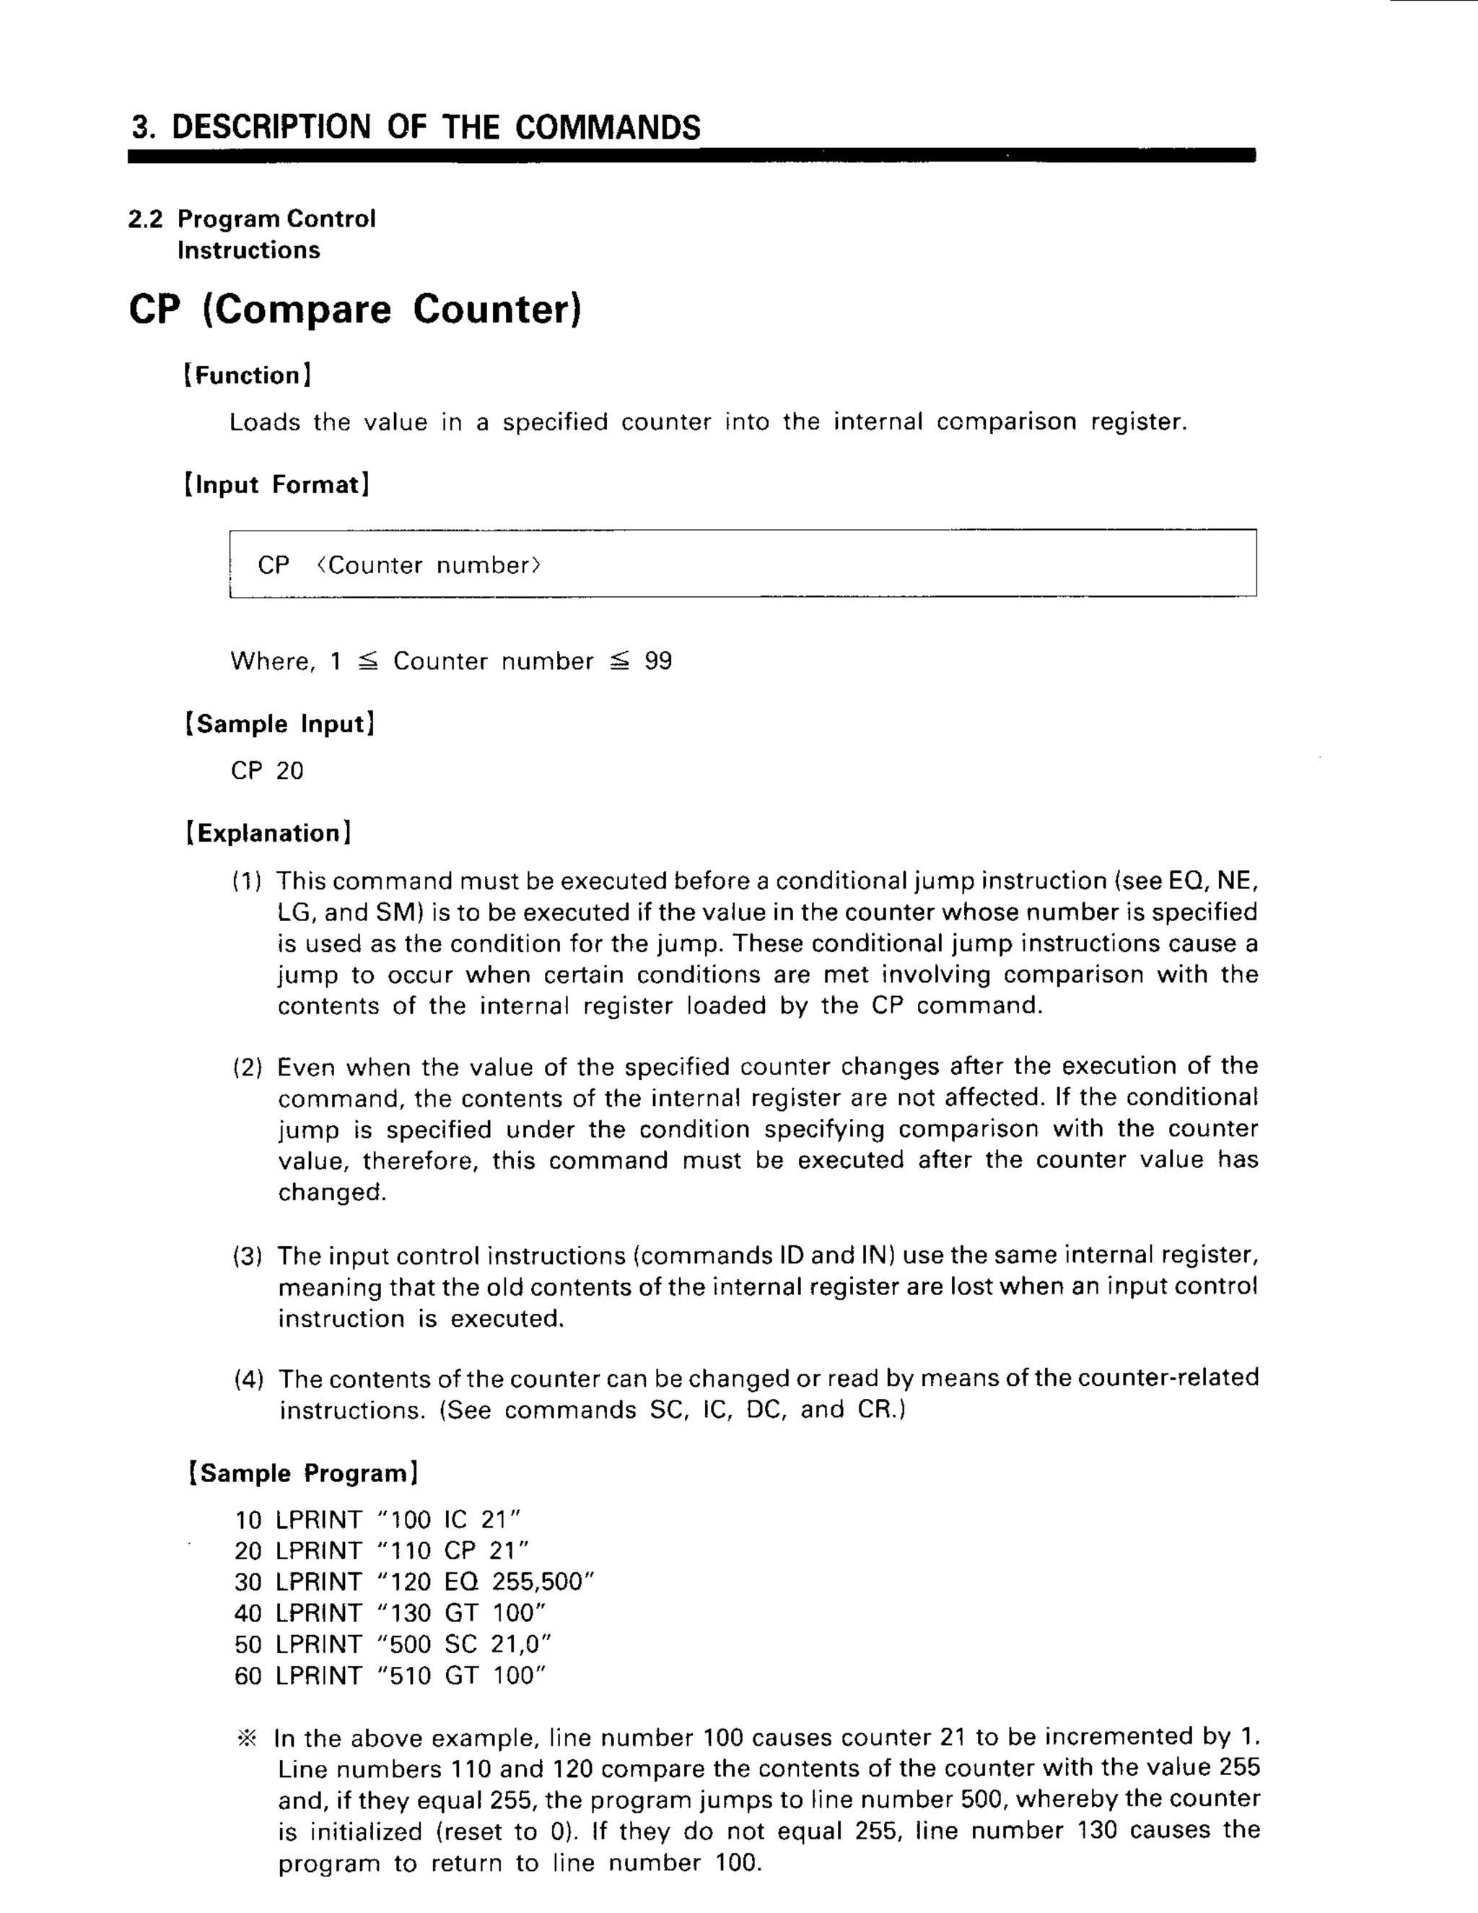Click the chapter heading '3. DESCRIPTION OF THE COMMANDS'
416,127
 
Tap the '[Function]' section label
247,376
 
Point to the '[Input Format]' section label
276,484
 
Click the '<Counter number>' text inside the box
429,565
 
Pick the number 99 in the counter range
658,661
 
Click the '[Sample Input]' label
280,723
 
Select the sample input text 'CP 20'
267,771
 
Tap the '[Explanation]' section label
268,833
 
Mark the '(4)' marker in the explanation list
249,1380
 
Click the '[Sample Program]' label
303,1473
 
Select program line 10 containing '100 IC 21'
378,1520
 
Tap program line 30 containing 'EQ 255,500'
414,1582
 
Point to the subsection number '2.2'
145,219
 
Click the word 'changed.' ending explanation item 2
332,1192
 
